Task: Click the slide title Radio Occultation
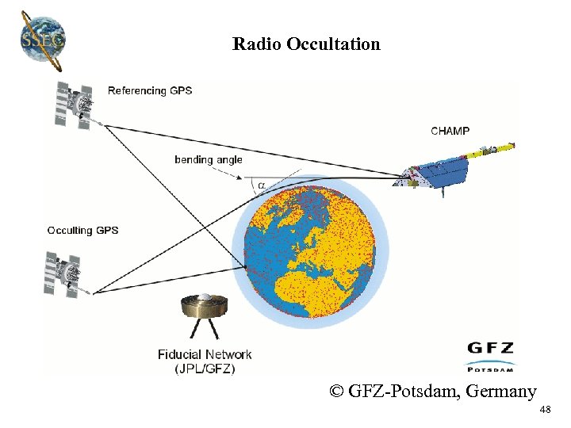[306, 44]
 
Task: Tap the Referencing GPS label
[150, 90]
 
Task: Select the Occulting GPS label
[82, 230]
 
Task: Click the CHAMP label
[450, 131]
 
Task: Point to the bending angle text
[209, 159]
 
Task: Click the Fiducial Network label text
[205, 354]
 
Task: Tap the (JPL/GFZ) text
[205, 368]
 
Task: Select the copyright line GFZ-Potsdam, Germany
[434, 391]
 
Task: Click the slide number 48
[544, 410]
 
